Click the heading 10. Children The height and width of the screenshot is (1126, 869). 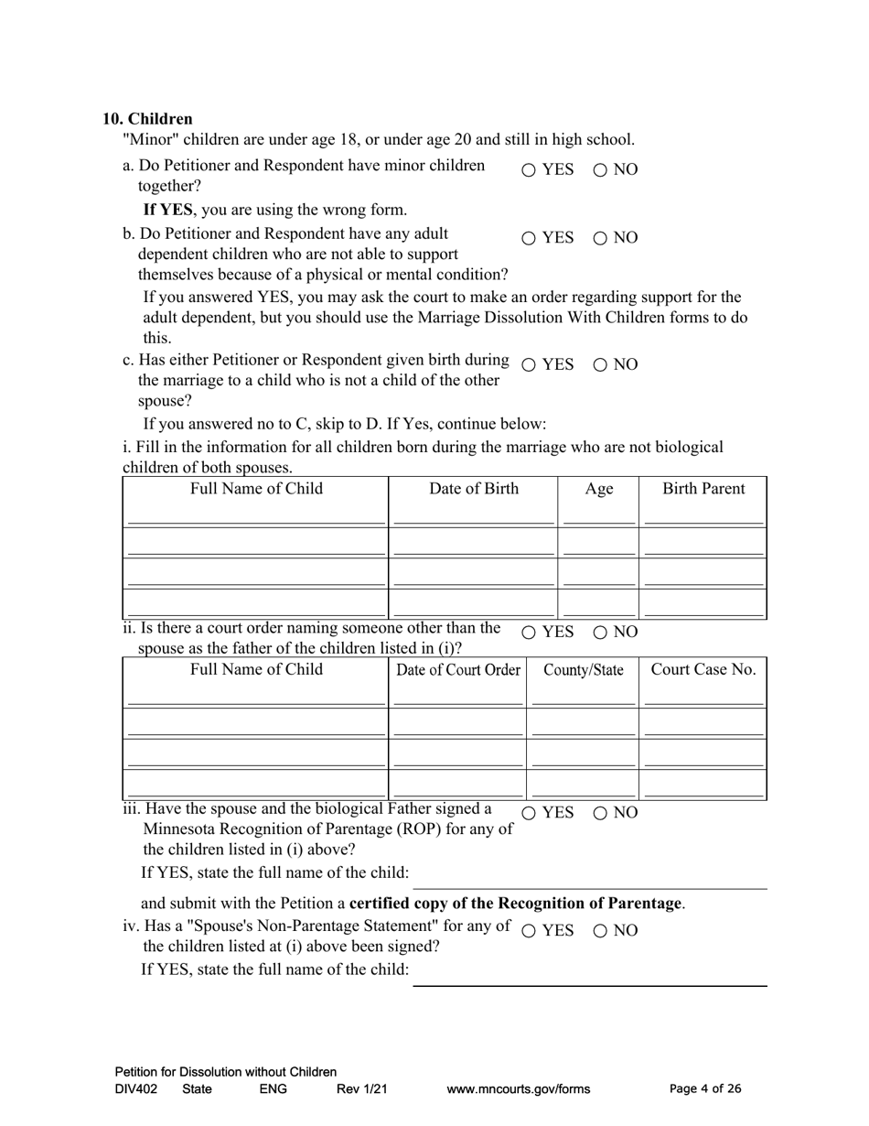tap(147, 119)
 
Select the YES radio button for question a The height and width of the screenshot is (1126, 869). tap(529, 170)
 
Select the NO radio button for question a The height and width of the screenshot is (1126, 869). tap(601, 170)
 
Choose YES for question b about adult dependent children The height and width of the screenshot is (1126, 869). tap(529, 238)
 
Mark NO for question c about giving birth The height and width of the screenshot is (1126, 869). tap(601, 364)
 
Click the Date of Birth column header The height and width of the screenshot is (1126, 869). tap(474, 489)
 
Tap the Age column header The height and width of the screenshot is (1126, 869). tap(598, 489)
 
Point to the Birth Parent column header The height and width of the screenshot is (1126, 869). tap(703, 489)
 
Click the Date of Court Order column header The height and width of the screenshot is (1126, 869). tap(457, 670)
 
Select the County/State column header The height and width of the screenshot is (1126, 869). tap(583, 670)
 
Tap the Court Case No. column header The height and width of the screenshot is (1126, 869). tap(703, 670)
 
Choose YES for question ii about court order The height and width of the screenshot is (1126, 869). tap(529, 633)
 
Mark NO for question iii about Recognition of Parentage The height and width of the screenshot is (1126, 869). tap(601, 813)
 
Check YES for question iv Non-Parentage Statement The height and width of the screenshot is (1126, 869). tap(529, 931)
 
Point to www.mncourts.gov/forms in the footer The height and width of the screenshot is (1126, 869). tap(518, 1089)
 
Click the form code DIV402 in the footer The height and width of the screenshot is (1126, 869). tap(135, 1089)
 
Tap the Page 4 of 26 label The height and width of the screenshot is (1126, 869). tap(705, 1089)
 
